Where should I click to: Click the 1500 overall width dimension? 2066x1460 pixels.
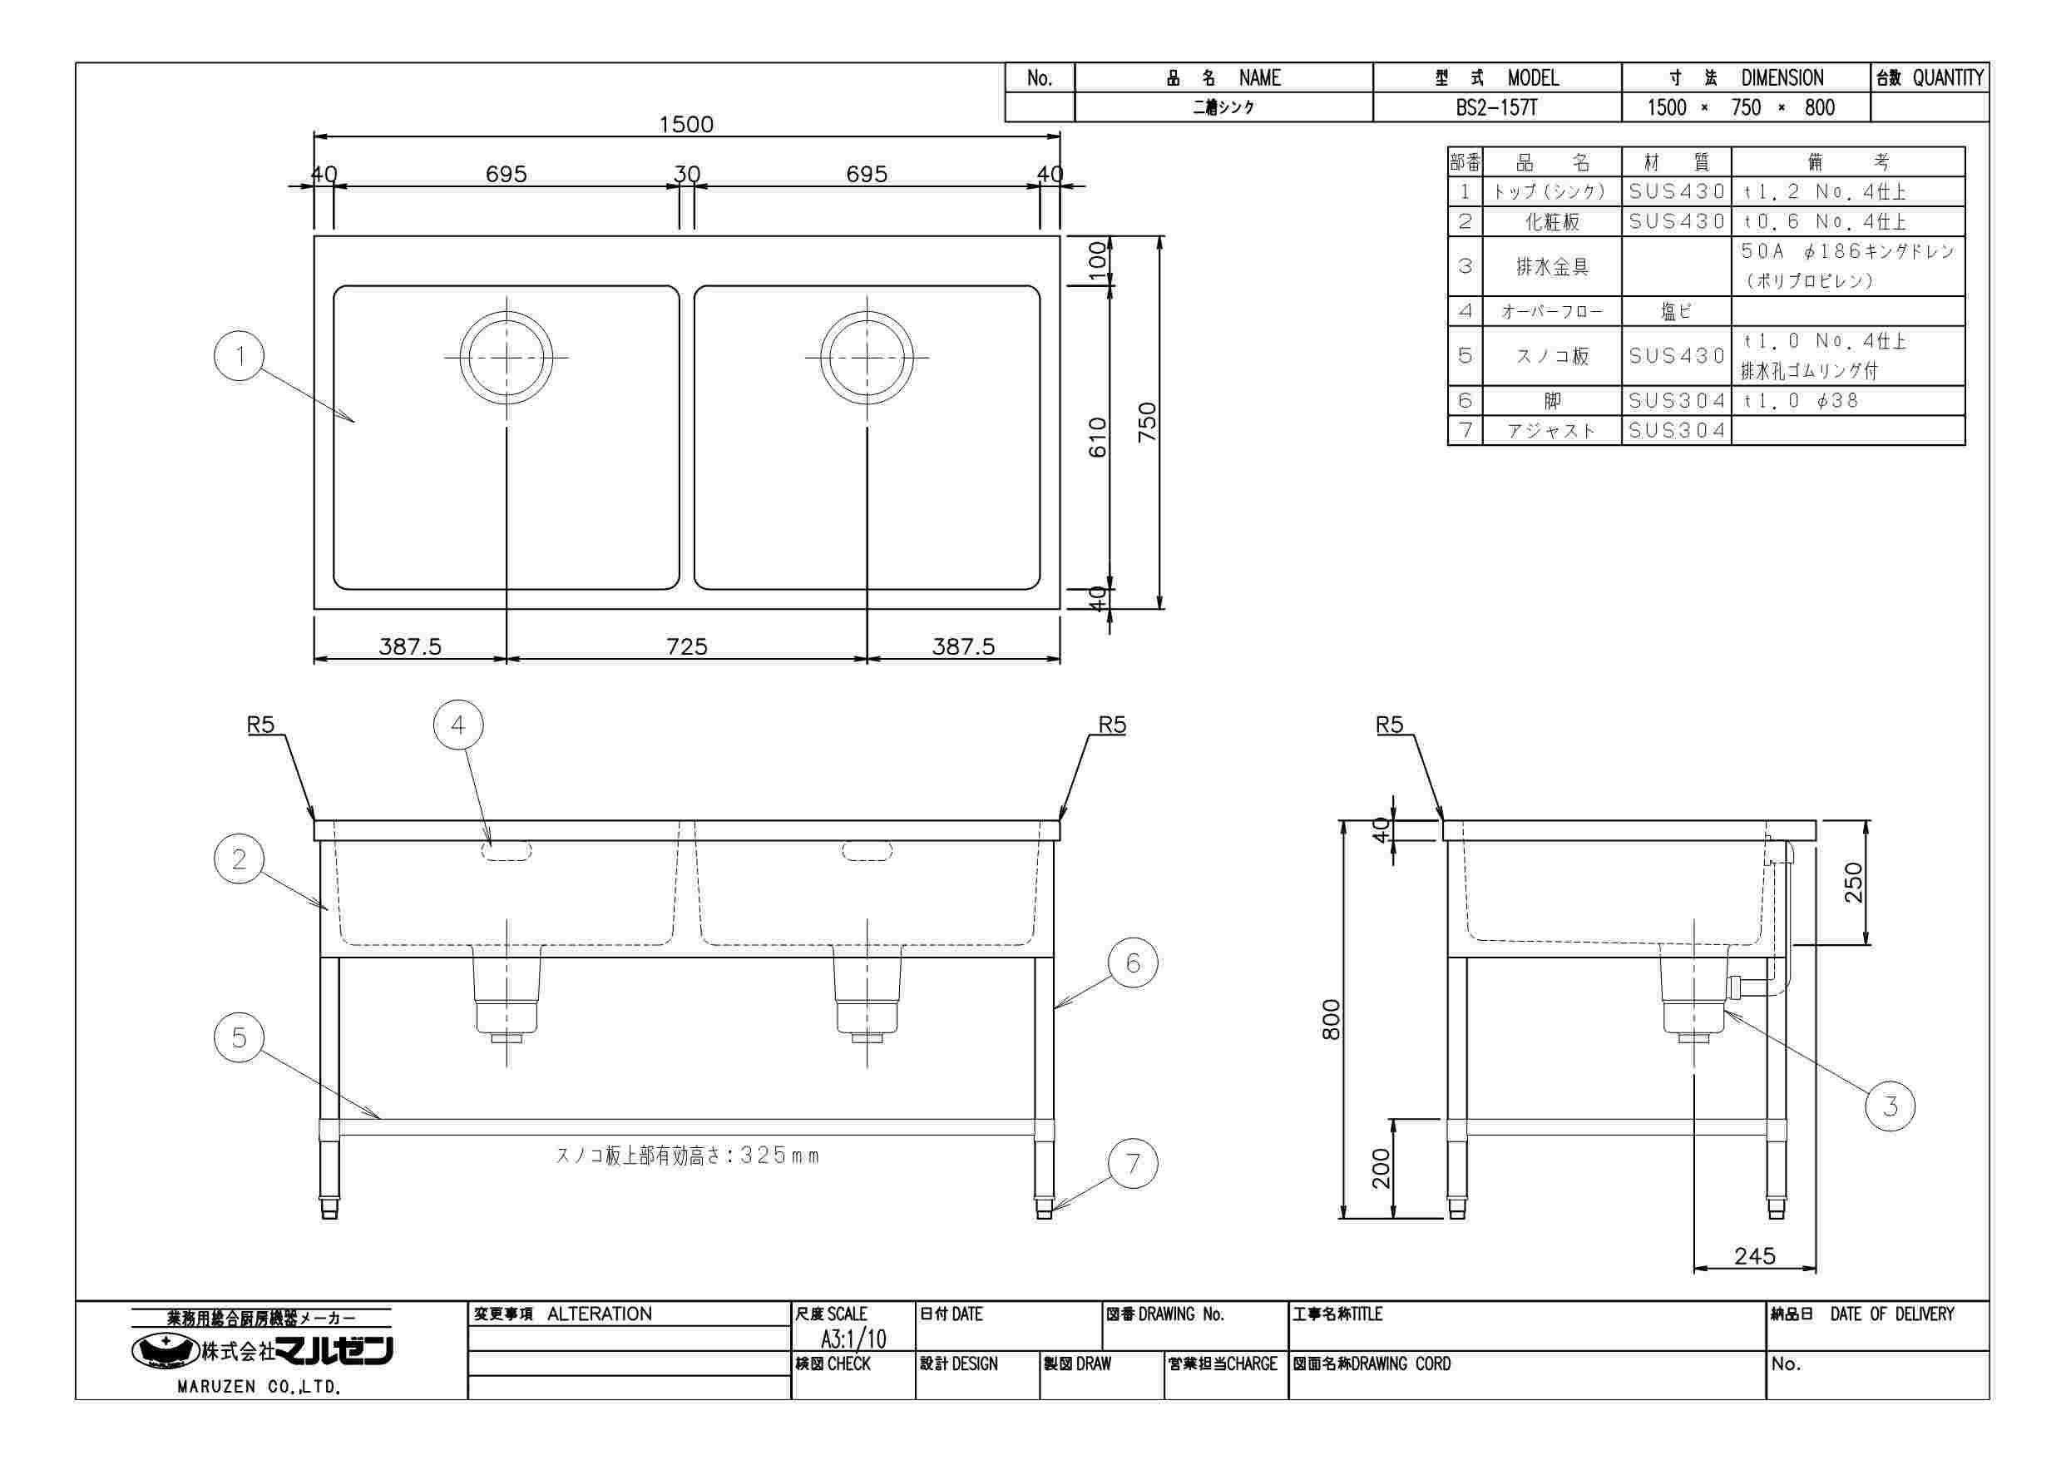click(x=685, y=124)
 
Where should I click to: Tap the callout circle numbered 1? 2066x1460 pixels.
click(x=240, y=355)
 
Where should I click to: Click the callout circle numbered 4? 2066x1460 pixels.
click(x=458, y=725)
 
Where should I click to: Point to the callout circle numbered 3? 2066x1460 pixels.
click(x=1890, y=1106)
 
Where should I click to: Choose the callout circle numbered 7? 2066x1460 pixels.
click(x=1133, y=1165)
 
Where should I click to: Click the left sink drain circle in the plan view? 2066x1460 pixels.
click(x=506, y=358)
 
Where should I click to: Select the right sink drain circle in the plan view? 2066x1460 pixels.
click(x=867, y=358)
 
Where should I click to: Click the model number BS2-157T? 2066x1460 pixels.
click(x=1496, y=108)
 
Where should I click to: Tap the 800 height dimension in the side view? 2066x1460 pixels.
click(x=1331, y=1019)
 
